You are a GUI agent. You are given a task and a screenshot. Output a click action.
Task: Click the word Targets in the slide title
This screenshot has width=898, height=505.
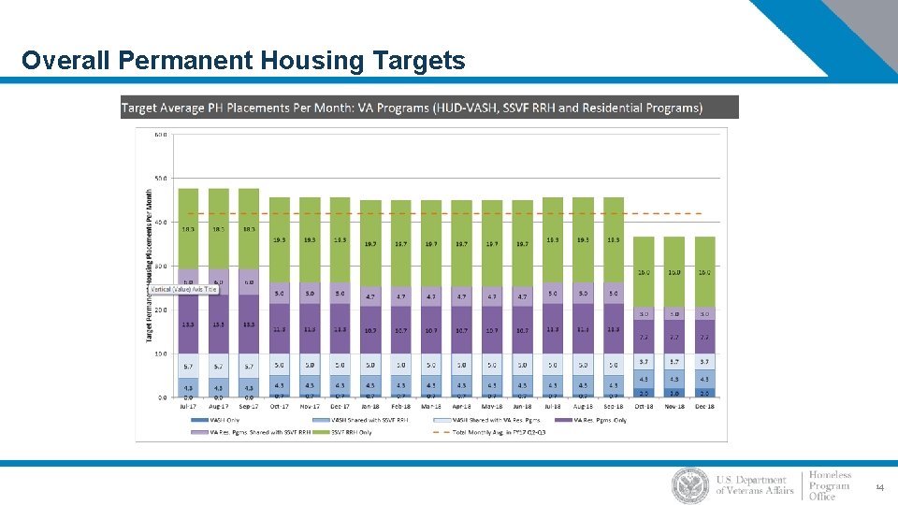point(418,61)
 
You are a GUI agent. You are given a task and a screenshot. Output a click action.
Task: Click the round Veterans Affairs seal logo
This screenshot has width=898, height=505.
point(690,485)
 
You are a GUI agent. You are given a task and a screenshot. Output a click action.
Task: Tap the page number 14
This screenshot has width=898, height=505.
point(878,487)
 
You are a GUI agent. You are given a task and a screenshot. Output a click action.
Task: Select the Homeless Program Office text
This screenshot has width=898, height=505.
point(830,485)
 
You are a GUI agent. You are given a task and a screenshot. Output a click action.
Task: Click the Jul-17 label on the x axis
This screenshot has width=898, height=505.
point(188,407)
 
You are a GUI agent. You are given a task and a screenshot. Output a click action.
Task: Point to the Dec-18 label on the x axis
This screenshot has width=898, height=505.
point(704,407)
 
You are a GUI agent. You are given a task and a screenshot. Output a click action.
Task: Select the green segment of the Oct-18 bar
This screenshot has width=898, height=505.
point(644,271)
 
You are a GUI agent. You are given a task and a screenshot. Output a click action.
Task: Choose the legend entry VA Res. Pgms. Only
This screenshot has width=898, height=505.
point(590,420)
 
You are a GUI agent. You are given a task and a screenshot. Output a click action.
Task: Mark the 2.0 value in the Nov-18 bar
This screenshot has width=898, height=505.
point(674,394)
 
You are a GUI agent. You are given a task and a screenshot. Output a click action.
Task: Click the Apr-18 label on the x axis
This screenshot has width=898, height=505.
point(461,407)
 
